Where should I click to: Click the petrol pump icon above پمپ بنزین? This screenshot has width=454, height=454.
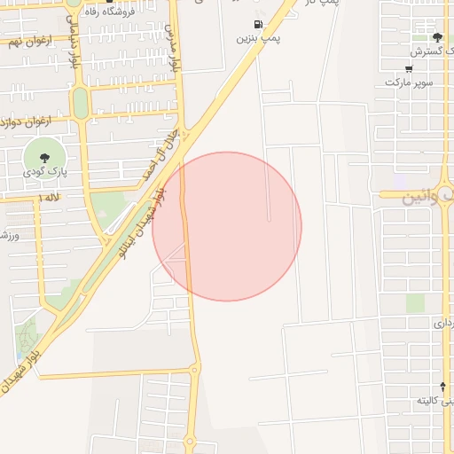coord(258,25)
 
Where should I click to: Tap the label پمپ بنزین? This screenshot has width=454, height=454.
coord(258,39)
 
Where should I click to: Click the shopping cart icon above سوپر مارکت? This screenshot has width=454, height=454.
coord(408,69)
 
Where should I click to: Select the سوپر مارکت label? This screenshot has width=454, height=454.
coord(409,82)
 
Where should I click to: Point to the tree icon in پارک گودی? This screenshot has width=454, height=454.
coord(45,157)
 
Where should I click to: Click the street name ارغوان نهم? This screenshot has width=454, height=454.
coord(27,42)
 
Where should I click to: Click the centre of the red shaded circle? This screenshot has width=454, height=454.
coord(227,226)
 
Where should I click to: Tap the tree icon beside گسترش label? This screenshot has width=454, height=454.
coord(437,37)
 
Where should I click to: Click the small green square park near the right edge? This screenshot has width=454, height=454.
coord(415,302)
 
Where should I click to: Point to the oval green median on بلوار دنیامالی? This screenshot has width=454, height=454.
coord(80,103)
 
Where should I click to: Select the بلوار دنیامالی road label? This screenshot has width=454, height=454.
coord(74,44)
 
